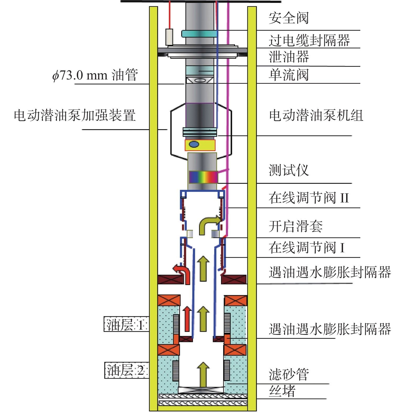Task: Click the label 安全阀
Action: tap(288, 18)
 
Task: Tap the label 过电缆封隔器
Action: tap(309, 41)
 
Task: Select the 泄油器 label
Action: tap(289, 57)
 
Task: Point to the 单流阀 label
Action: tap(288, 75)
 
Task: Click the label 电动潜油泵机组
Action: tap(316, 115)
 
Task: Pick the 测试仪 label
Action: tap(288, 170)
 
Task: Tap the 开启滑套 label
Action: tap(296, 226)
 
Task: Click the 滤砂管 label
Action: tap(289, 374)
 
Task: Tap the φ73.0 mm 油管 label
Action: tap(95, 75)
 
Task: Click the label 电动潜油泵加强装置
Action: tap(75, 115)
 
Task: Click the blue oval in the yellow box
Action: tap(194, 144)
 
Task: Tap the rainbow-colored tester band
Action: tap(203, 177)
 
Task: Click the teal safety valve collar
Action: tap(199, 34)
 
